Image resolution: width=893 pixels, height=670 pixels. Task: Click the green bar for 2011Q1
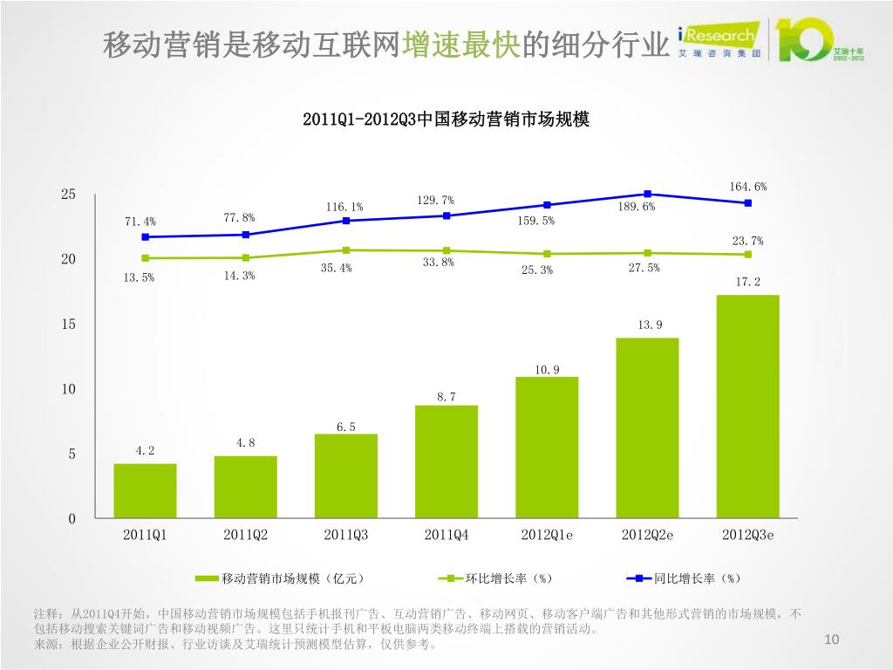click(x=145, y=491)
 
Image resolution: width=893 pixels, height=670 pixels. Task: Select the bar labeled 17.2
click(x=747, y=407)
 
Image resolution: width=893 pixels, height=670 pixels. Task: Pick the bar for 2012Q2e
click(x=647, y=427)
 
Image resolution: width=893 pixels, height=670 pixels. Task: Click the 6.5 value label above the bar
click(x=346, y=427)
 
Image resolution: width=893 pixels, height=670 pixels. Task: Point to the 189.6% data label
click(x=637, y=207)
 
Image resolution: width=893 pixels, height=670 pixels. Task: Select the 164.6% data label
click(x=748, y=186)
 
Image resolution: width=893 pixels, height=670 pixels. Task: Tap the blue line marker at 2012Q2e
click(x=647, y=194)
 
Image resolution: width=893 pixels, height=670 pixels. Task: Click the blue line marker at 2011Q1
click(x=145, y=236)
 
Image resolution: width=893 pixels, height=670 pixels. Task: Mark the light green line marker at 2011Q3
click(x=346, y=250)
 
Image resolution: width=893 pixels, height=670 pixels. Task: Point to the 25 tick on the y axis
click(x=68, y=195)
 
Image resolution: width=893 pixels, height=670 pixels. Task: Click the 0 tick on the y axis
click(x=72, y=519)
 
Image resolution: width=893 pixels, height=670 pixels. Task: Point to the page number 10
click(x=831, y=641)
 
